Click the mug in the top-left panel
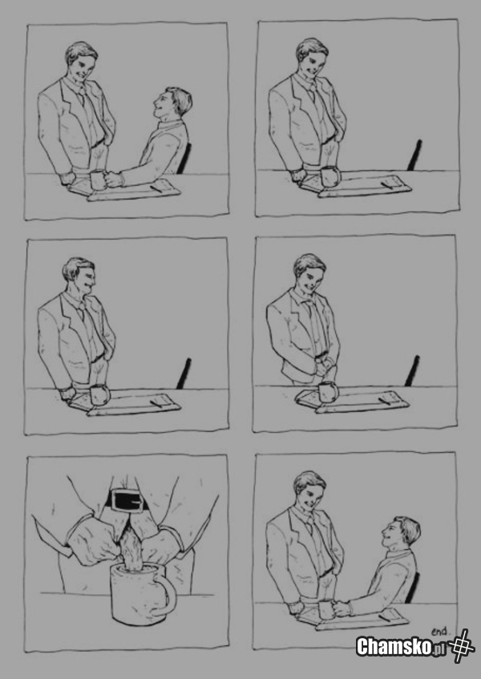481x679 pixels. coord(99,180)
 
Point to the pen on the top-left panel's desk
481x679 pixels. coord(156,188)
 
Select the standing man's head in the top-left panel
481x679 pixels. coord(81,62)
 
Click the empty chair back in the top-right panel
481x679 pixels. coord(414,155)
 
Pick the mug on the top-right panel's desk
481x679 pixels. coord(332,176)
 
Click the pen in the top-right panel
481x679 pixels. coord(387,185)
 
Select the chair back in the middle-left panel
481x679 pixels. coord(184,374)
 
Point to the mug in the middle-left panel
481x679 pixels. coord(100,394)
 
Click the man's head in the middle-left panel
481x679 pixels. coord(79,277)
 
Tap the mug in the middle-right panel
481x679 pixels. coord(328,391)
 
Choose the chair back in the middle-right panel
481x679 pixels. coord(412,370)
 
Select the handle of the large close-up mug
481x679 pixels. coord(167,594)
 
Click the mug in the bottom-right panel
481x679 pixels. coord(327,610)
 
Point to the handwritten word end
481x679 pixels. coord(441,632)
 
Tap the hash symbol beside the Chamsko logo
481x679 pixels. coord(461,645)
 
